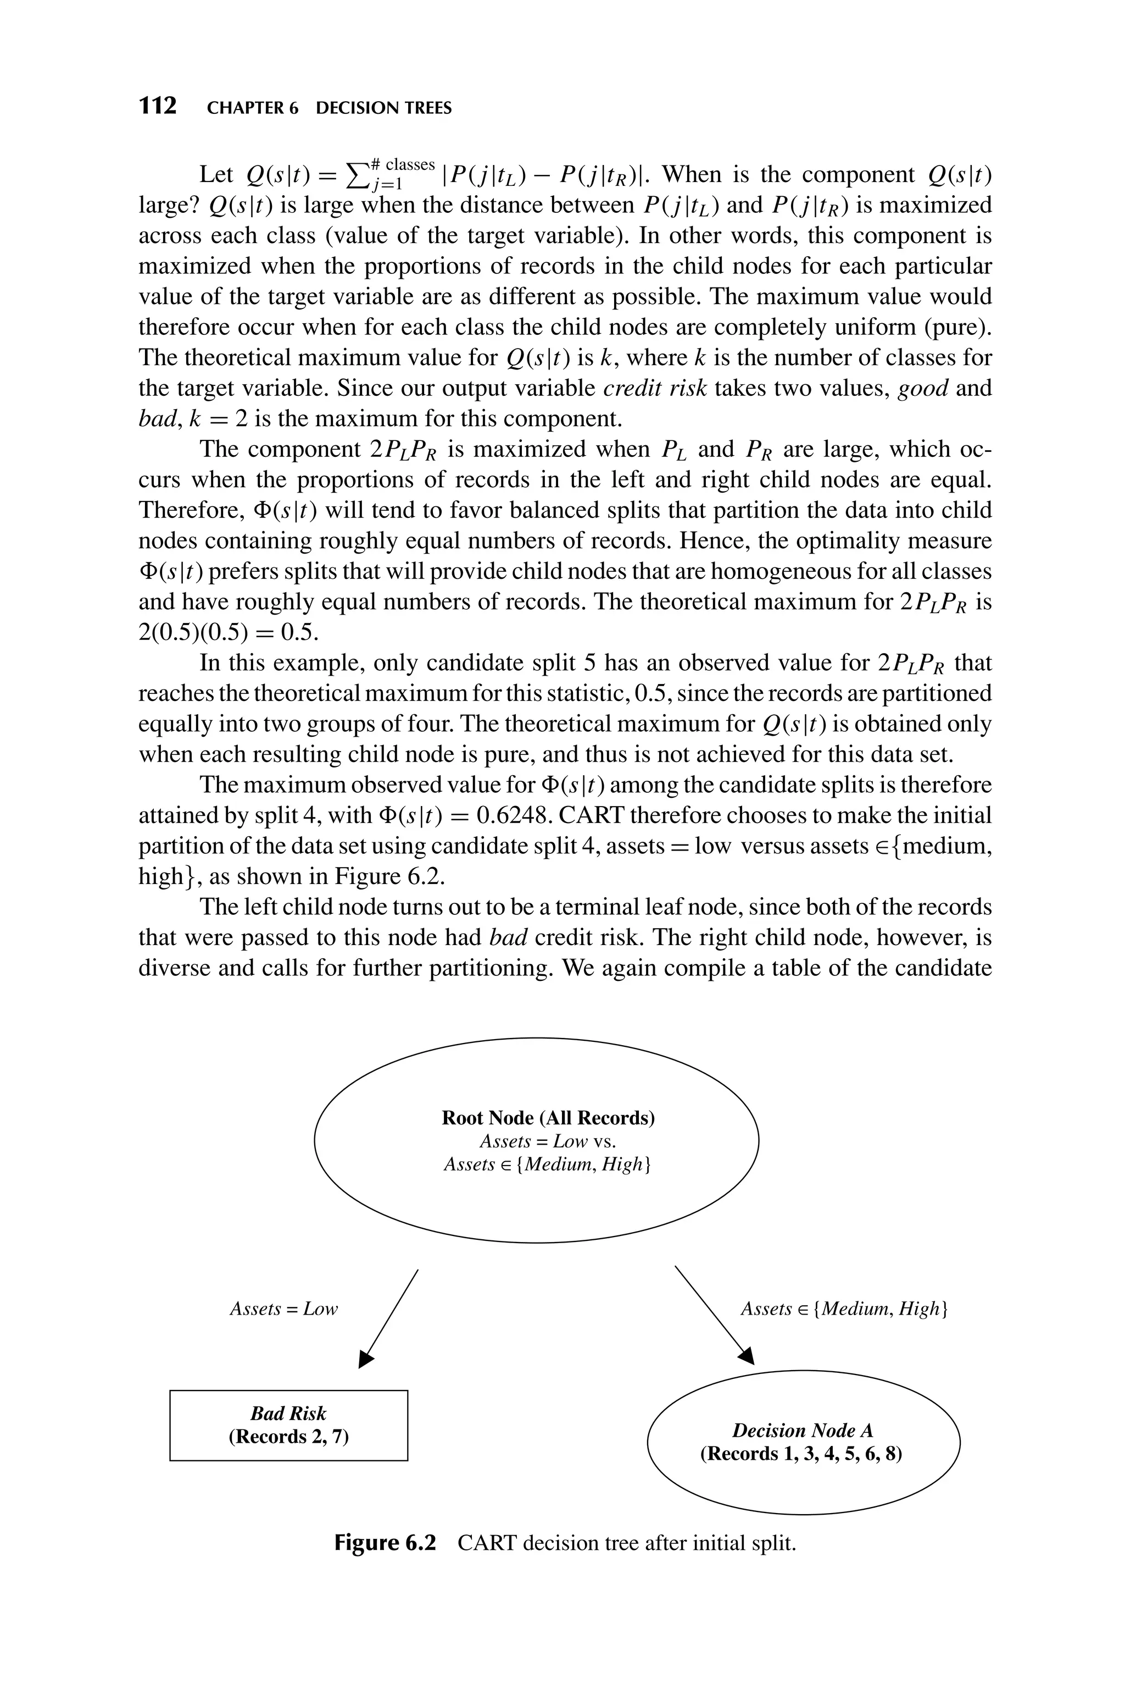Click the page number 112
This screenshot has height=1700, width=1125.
coord(157,106)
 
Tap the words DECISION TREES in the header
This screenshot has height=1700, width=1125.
coord(384,108)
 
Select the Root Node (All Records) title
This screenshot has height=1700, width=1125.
coord(548,1118)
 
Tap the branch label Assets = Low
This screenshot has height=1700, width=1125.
coord(283,1309)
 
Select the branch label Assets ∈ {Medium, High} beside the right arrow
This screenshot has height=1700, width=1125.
coord(844,1309)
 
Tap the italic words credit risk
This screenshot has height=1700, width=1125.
coord(654,388)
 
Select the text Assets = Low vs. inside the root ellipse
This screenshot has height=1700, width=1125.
coord(548,1141)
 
